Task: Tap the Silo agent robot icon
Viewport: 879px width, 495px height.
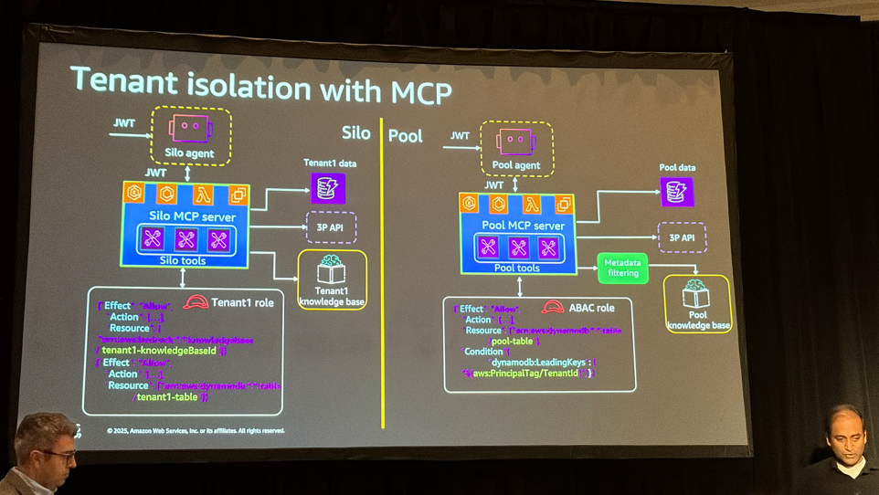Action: pyautogui.click(x=190, y=128)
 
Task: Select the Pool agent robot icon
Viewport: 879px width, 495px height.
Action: pyautogui.click(x=514, y=142)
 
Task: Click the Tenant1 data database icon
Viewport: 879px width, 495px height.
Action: pyautogui.click(x=327, y=188)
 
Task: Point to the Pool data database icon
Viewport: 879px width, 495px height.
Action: pyautogui.click(x=676, y=192)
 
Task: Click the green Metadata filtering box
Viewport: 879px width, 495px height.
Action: pyautogui.click(x=622, y=268)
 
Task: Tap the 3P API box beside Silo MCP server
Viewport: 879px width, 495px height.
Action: pyautogui.click(x=330, y=226)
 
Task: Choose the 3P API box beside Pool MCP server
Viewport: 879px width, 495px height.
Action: pyautogui.click(x=681, y=237)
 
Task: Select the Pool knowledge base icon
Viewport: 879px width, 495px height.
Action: pyautogui.click(x=696, y=294)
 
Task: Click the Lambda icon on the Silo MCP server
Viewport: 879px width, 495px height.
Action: pyautogui.click(x=202, y=195)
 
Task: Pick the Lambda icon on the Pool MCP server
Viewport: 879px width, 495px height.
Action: pyautogui.click(x=531, y=205)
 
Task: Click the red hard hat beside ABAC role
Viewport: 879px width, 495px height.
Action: pyautogui.click(x=552, y=308)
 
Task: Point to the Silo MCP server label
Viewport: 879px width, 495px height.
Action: pyautogui.click(x=192, y=217)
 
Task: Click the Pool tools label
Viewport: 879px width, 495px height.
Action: pyautogui.click(x=516, y=268)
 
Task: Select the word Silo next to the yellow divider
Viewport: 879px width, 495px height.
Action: pyautogui.click(x=355, y=133)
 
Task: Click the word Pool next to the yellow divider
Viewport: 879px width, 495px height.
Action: pyautogui.click(x=406, y=136)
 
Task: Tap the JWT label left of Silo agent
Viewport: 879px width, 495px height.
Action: pyautogui.click(x=124, y=122)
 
